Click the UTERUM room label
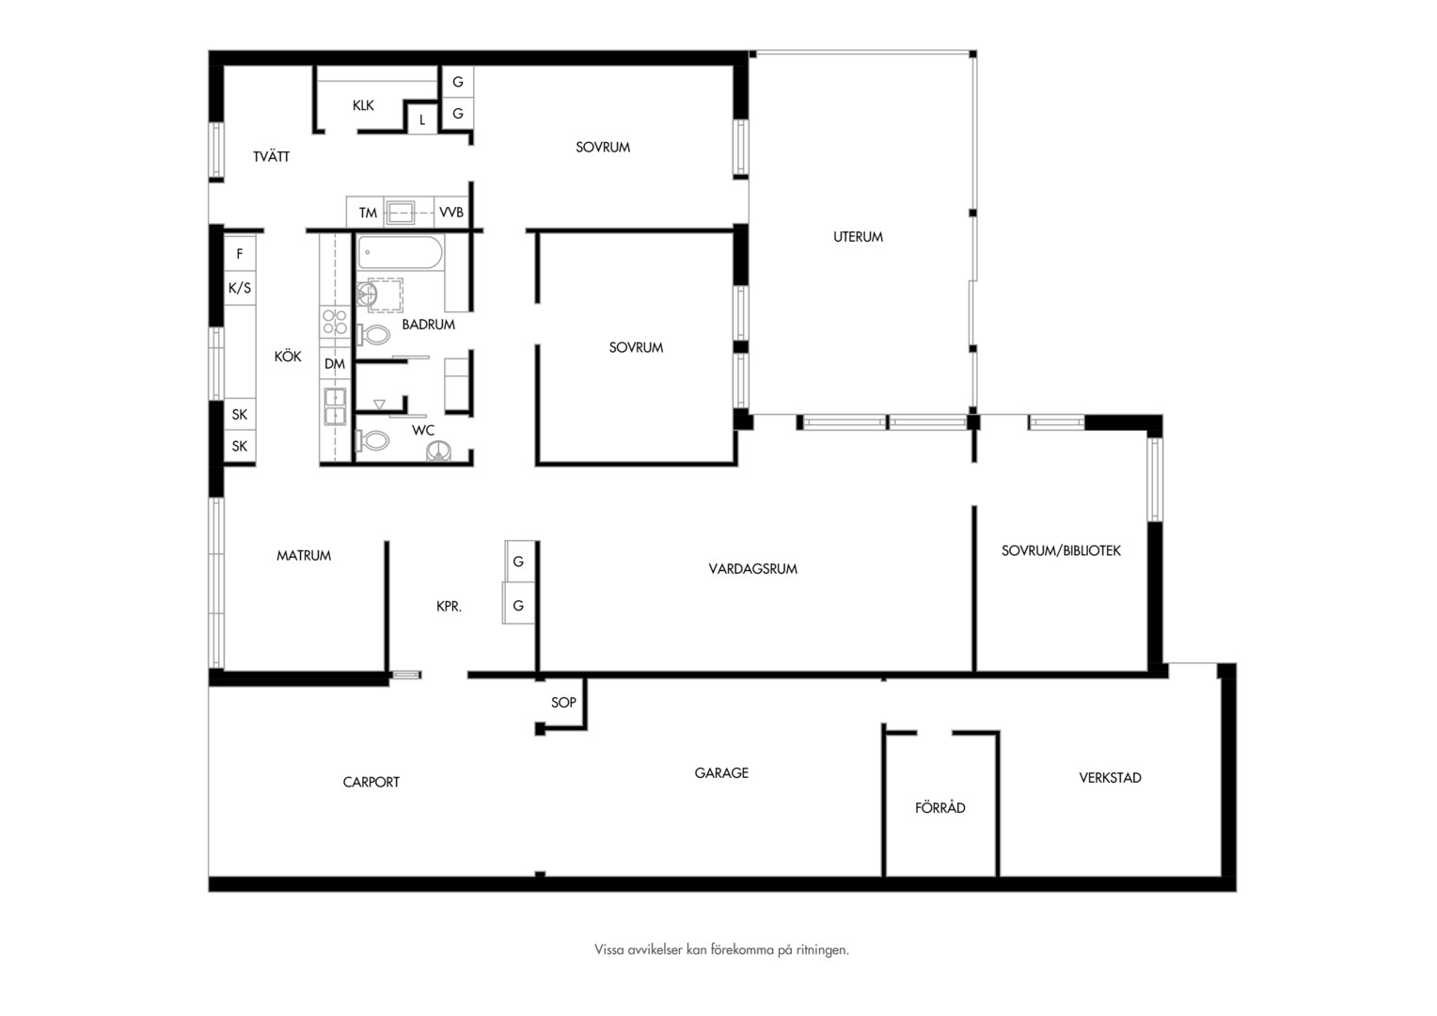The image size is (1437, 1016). (858, 237)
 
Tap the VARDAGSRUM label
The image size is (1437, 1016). (752, 568)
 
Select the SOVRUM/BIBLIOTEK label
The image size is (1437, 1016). (1061, 550)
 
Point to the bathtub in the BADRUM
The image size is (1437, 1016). (400, 252)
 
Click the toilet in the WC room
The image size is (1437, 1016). (372, 440)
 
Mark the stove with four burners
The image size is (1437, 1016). (335, 322)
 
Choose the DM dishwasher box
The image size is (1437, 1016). (335, 364)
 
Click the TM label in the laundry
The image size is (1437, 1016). (368, 213)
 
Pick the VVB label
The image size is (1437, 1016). (451, 212)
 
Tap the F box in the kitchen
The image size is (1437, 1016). (239, 253)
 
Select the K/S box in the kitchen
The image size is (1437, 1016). (239, 288)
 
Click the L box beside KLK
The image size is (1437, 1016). (422, 119)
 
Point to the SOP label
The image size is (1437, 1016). (563, 702)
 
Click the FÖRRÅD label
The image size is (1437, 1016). (940, 807)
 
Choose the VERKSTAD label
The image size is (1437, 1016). (1110, 778)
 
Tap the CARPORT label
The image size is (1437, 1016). (371, 782)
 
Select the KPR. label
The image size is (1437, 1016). (450, 606)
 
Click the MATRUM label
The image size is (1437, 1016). (304, 555)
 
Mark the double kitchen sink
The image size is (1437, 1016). (335, 407)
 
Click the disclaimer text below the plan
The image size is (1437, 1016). (721, 949)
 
